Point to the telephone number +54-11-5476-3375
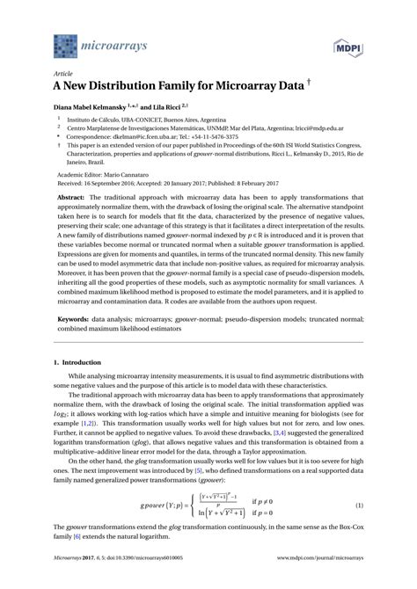coord(239,137)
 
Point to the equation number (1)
coord(358,532)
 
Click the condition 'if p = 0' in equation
coord(264,539)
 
